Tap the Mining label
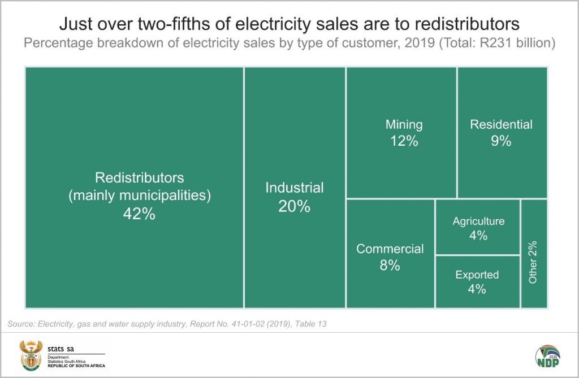404,124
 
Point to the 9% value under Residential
501,141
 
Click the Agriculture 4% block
478,228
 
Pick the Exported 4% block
477,282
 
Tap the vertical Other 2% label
533,262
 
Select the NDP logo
548,356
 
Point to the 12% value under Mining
404,141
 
